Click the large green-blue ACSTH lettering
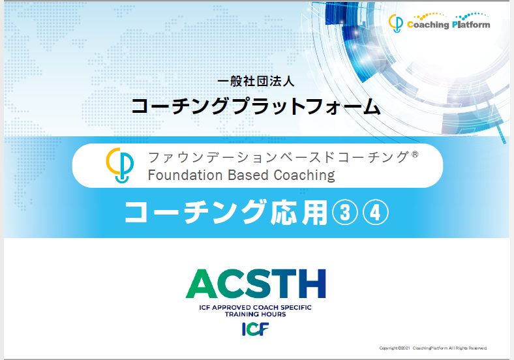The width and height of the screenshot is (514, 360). pyautogui.click(x=256, y=284)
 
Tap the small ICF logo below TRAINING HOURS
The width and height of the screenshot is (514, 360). pyautogui.click(x=255, y=329)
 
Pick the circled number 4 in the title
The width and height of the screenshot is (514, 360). pyautogui.click(x=375, y=213)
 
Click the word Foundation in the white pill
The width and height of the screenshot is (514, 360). pyautogui.click(x=185, y=175)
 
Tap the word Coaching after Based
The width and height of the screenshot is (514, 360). pyautogui.click(x=304, y=175)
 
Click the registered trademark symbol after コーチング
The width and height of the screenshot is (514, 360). pyautogui.click(x=415, y=154)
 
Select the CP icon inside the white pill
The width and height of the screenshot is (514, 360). pyautogui.click(x=119, y=165)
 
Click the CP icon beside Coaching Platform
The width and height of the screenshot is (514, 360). pyautogui.click(x=396, y=23)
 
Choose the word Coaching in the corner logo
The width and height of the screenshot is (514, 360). pyautogui.click(x=428, y=25)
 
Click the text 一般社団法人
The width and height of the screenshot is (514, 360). pyautogui.click(x=256, y=82)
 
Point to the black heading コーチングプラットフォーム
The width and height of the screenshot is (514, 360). pyautogui.click(x=256, y=106)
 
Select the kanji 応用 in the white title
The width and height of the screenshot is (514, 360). pyautogui.click(x=299, y=213)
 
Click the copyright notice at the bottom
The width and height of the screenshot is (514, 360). pyautogui.click(x=433, y=348)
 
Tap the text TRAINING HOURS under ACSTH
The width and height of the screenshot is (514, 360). pyautogui.click(x=255, y=314)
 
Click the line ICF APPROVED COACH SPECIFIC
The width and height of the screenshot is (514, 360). pyautogui.click(x=255, y=308)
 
